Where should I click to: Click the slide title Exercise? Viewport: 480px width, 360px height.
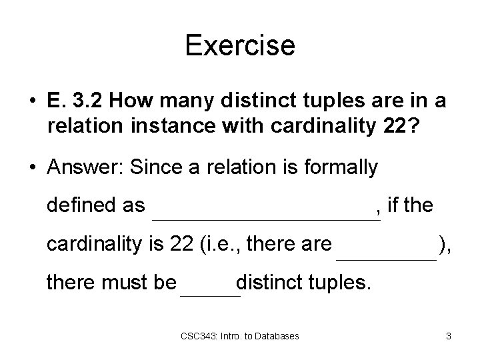[240, 46]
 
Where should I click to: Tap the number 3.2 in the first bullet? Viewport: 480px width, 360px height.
[90, 102]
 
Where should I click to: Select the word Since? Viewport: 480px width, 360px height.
[149, 168]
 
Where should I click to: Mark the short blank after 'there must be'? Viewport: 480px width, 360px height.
[210, 293]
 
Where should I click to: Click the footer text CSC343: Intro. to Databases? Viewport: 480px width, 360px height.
[241, 335]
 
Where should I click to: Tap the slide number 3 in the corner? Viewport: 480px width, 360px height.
[449, 335]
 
